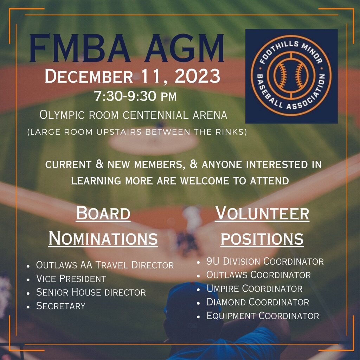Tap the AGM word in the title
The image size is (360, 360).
(184, 48)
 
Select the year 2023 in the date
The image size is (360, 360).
(198, 76)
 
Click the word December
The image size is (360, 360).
(89, 76)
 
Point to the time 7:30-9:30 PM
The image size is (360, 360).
(135, 96)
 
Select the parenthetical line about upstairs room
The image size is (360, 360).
(137, 132)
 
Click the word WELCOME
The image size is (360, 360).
(205, 181)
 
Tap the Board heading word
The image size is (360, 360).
(103, 213)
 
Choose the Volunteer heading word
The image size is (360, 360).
(262, 213)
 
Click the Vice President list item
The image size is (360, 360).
(71, 279)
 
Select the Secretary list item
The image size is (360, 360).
(61, 306)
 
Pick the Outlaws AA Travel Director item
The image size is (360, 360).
(105, 265)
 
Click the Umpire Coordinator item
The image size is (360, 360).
(255, 289)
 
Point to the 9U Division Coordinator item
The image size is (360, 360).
(265, 261)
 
